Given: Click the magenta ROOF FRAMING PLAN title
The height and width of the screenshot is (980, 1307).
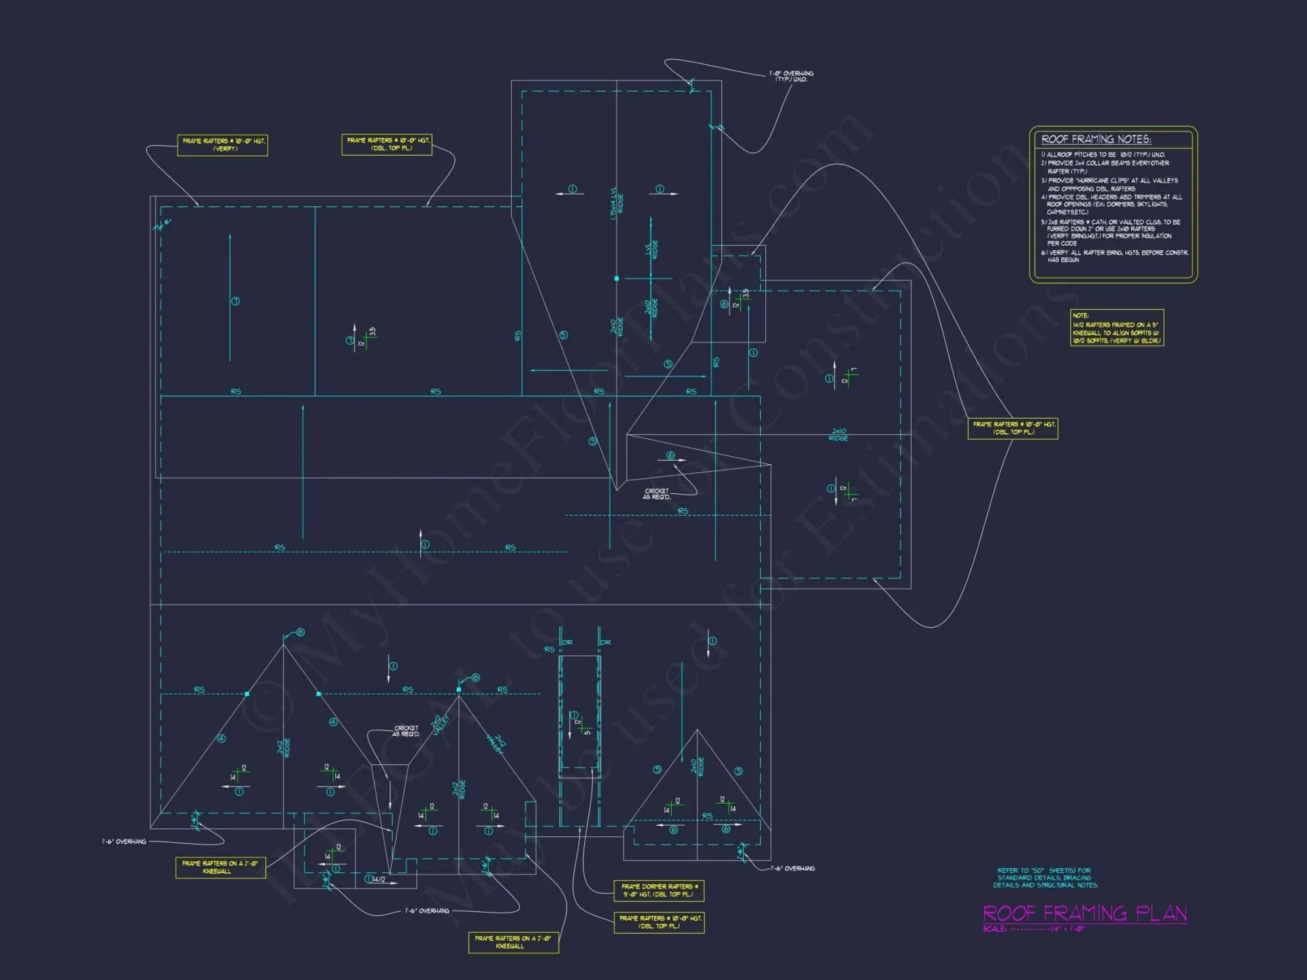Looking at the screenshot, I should pos(1085,913).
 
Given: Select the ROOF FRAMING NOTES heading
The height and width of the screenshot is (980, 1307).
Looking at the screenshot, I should pos(1096,139).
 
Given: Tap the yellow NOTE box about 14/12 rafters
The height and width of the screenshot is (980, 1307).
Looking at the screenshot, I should pos(1117,328).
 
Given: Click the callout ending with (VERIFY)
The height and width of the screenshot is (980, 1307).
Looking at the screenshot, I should pos(223,145).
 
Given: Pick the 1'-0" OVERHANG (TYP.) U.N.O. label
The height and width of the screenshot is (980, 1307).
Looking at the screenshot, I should pos(791,76).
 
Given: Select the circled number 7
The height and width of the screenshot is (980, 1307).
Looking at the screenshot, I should pos(235,301).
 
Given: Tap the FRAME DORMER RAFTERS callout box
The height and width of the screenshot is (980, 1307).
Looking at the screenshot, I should pos(659,890).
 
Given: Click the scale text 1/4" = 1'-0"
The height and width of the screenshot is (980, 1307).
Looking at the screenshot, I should pos(1067,928).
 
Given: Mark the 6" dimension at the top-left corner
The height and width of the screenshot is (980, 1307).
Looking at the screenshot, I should pos(167,222).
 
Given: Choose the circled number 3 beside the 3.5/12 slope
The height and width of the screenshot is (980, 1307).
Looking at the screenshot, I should pos(350,340).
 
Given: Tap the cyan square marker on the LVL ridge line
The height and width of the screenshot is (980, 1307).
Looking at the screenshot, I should pos(616,279).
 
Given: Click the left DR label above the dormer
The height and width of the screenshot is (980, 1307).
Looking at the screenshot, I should pos(567,642).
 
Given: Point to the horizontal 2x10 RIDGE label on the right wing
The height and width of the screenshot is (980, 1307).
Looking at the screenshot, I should pos(838,434).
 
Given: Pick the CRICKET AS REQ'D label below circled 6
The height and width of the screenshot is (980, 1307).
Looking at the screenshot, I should pos(657,494).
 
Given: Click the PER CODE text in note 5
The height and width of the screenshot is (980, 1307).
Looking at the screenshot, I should pos(1062,244).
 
